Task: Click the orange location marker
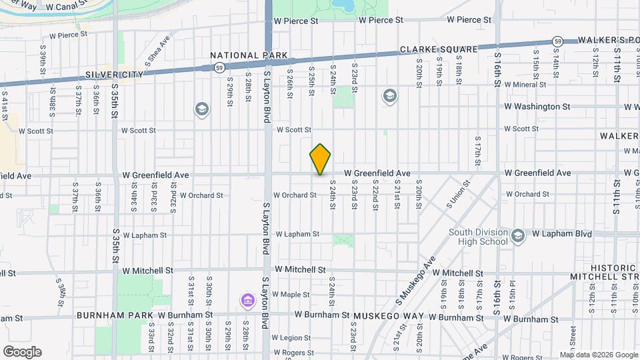click(x=320, y=159)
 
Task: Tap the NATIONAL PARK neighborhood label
click(x=249, y=55)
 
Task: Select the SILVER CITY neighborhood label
click(x=114, y=75)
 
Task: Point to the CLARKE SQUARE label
click(x=439, y=50)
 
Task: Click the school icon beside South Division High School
click(x=518, y=235)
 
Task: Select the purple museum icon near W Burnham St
click(x=247, y=301)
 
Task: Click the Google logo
click(x=22, y=352)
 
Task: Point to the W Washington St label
click(x=537, y=107)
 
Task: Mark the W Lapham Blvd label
click(x=562, y=234)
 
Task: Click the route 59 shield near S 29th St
click(x=219, y=67)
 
